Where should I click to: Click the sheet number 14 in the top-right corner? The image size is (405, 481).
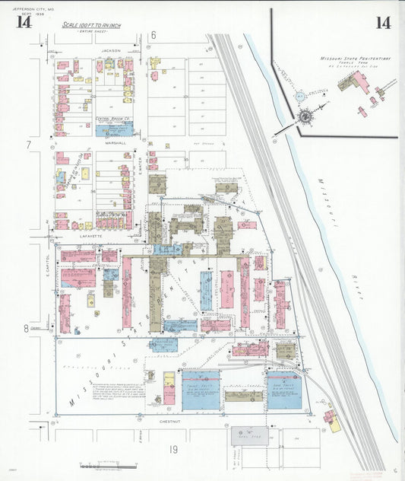pyautogui.click(x=383, y=22)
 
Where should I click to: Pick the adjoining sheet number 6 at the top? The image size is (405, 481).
pyautogui.click(x=153, y=35)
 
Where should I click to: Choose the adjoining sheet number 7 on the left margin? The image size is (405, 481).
pyautogui.click(x=28, y=144)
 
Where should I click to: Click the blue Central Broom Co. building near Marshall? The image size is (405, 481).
pyautogui.click(x=114, y=128)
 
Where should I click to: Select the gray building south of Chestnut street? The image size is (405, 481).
pyautogui.click(x=249, y=435)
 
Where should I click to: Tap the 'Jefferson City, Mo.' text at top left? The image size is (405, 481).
pyautogui.click(x=29, y=7)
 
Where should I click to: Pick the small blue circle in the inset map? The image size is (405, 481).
pyautogui.click(x=299, y=97)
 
